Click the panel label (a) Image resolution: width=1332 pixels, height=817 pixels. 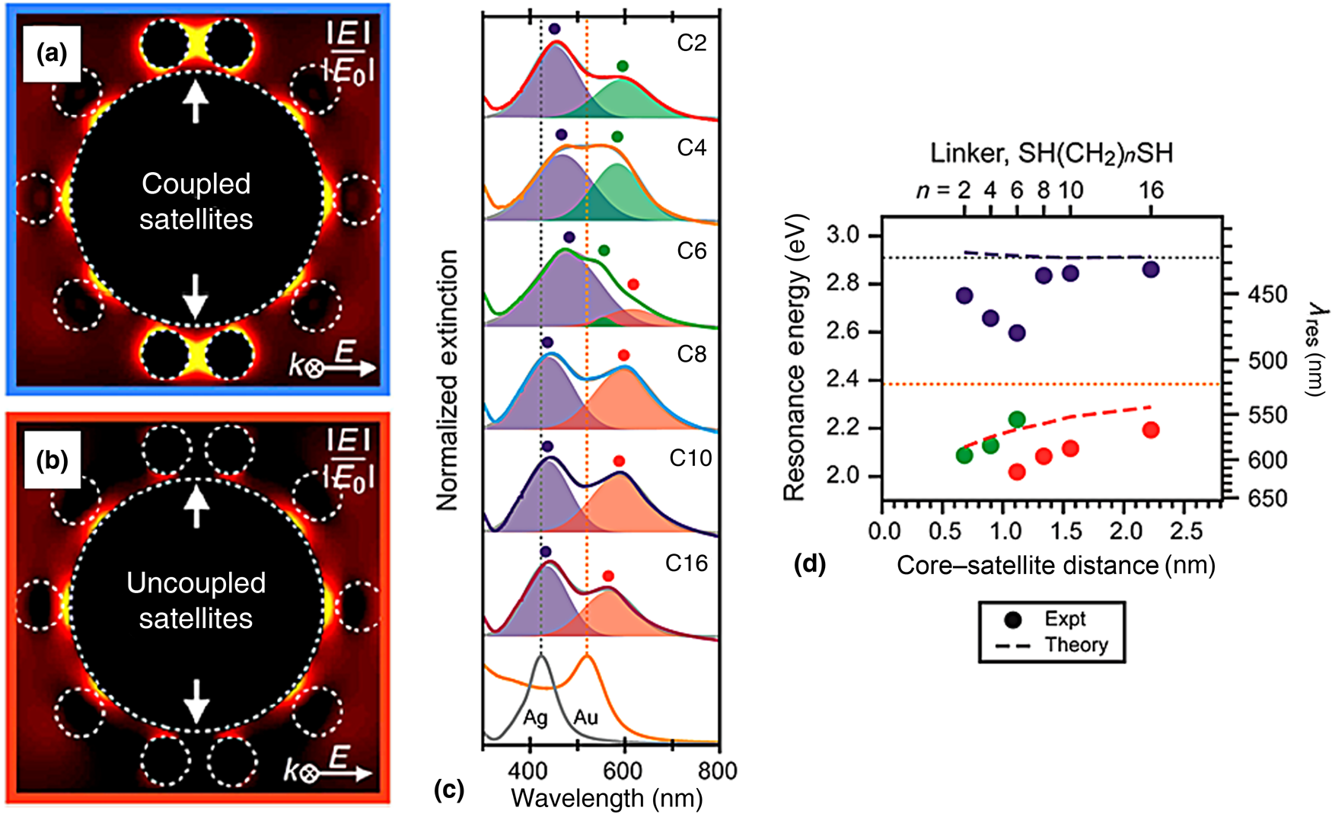[52, 54]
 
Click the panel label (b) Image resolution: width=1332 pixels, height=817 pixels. [52, 461]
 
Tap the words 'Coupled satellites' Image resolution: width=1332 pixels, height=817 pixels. [196, 201]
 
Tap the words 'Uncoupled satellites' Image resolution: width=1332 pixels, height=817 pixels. [196, 600]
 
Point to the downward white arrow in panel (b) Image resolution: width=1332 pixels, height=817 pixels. [196, 701]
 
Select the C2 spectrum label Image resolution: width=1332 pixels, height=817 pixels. [691, 43]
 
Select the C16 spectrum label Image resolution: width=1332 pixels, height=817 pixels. [686, 563]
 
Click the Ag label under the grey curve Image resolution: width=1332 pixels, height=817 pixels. [535, 718]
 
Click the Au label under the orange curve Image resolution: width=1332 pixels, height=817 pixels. [585, 716]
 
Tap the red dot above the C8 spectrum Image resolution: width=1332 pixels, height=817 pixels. [623, 355]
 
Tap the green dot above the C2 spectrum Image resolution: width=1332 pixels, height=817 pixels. [623, 66]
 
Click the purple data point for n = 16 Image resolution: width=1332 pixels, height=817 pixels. [1150, 269]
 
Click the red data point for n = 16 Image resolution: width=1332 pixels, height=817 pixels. [1150, 430]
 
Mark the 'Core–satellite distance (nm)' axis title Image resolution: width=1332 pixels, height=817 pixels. [1055, 566]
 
